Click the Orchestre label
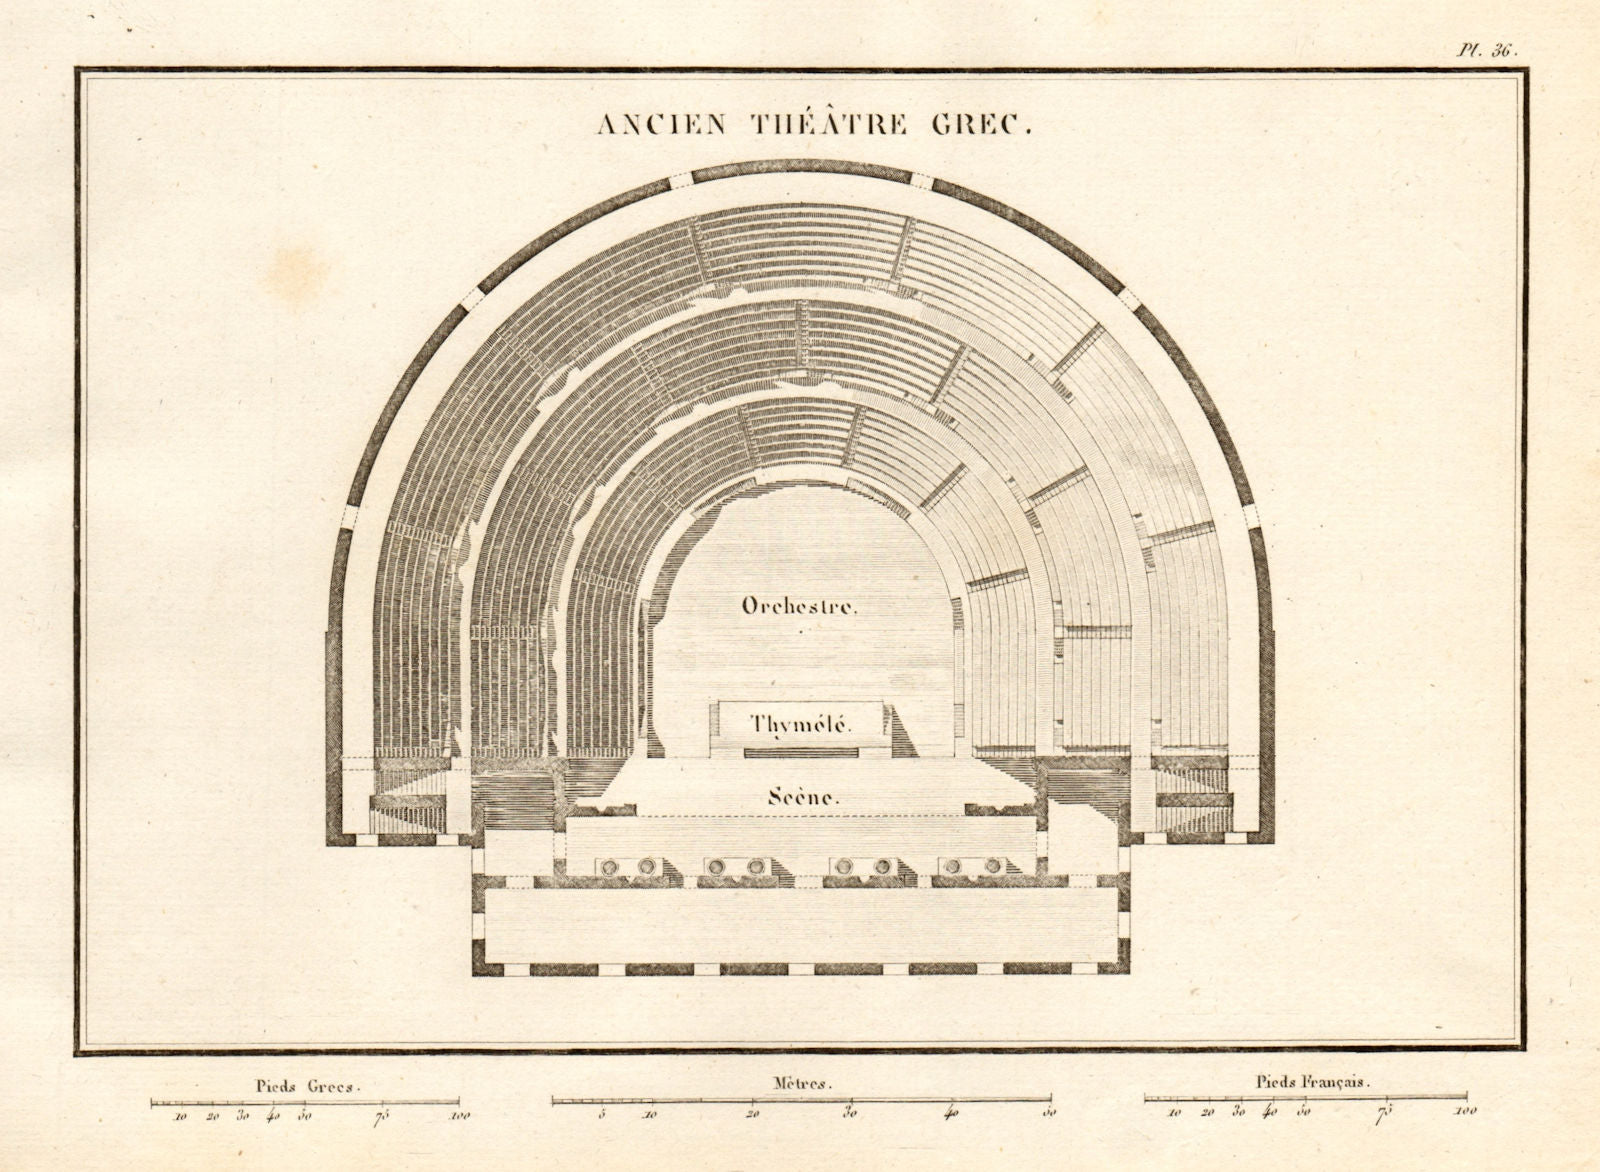[798, 606]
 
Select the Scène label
[802, 797]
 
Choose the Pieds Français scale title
[1312, 1082]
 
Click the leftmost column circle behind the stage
[607, 866]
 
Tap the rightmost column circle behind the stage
[993, 866]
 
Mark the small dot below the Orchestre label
[801, 632]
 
